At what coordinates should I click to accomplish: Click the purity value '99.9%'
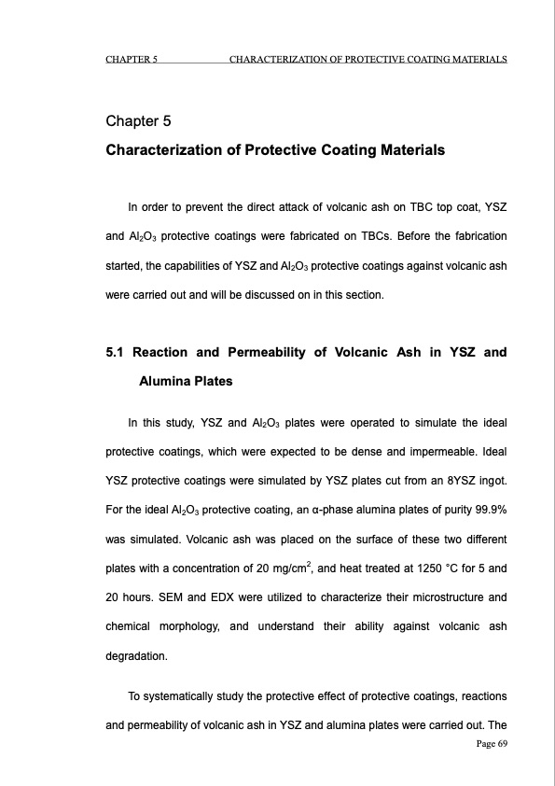click(x=485, y=508)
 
